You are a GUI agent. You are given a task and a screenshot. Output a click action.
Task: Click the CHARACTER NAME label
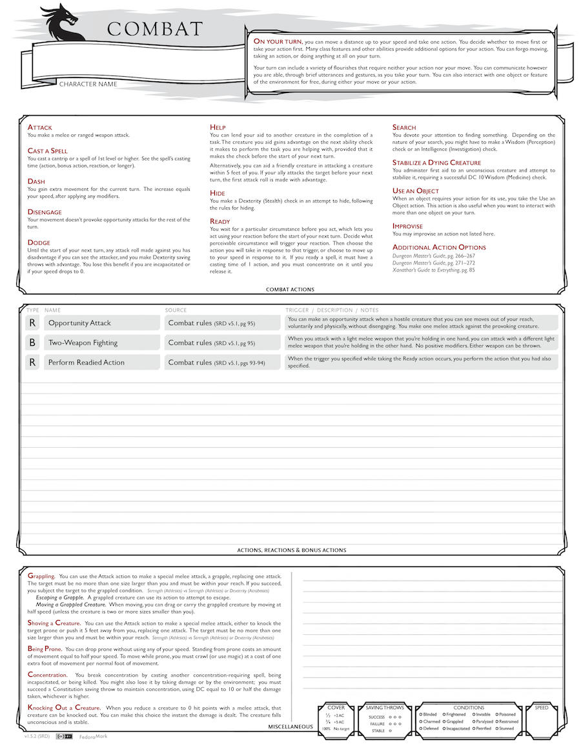[88, 84]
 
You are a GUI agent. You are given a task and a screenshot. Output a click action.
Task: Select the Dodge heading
[39, 243]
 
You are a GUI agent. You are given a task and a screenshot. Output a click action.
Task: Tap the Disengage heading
[45, 212]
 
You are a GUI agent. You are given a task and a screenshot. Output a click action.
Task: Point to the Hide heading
[218, 192]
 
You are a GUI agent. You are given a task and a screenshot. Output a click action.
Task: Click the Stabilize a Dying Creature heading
[436, 163]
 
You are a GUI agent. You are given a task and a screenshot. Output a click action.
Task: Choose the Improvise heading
[407, 226]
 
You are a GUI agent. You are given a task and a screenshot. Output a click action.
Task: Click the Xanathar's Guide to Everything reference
[433, 270]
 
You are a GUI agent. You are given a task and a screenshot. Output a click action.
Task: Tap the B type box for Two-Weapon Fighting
[32, 343]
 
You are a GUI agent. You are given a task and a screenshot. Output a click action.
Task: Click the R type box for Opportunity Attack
[32, 323]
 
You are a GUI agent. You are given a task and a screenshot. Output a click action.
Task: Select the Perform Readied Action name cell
[101, 363]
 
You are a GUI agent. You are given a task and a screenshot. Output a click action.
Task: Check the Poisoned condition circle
[496, 714]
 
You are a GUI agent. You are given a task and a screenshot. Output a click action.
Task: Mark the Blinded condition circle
[421, 714]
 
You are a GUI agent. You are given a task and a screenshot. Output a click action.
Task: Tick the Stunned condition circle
[496, 728]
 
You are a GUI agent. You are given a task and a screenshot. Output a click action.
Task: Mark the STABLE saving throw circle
[391, 731]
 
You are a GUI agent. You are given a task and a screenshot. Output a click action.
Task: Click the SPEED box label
[542, 708]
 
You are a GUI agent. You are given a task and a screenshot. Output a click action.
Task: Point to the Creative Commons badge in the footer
[64, 736]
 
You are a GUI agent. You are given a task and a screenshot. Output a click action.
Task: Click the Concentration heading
[48, 675]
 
